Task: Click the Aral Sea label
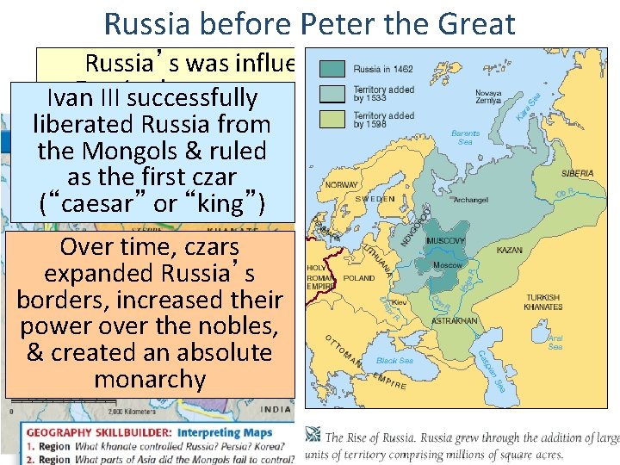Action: click(x=556, y=343)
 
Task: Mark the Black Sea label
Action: click(x=394, y=361)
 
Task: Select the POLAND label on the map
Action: click(x=360, y=278)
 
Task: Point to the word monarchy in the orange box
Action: click(x=150, y=380)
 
